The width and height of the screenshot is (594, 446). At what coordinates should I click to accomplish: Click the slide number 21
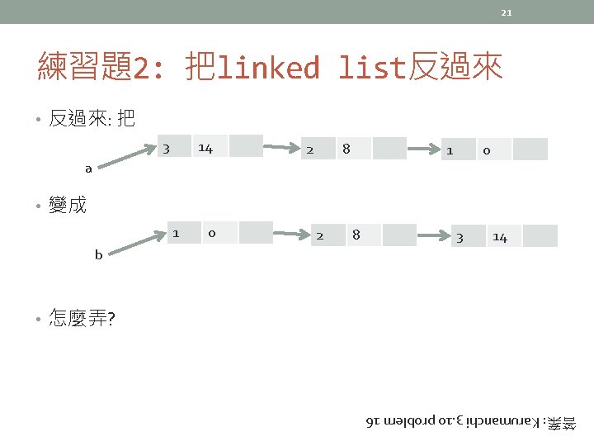pyautogui.click(x=507, y=12)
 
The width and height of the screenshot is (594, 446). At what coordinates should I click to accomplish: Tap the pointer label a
pyautogui.click(x=89, y=168)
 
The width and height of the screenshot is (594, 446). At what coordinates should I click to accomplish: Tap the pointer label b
pyautogui.click(x=98, y=255)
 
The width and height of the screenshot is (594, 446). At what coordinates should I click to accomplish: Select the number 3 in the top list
pyautogui.click(x=167, y=149)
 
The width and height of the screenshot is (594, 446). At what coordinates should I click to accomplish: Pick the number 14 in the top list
pyautogui.click(x=205, y=149)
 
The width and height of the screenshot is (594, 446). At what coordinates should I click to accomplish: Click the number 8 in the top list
pyautogui.click(x=346, y=149)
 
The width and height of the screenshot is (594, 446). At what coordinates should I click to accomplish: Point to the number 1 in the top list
pyautogui.click(x=450, y=151)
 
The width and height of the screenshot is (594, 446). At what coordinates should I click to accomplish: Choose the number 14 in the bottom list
pyautogui.click(x=500, y=238)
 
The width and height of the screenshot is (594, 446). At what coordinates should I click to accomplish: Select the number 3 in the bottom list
pyautogui.click(x=460, y=238)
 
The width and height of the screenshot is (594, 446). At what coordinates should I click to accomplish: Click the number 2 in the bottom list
pyautogui.click(x=319, y=235)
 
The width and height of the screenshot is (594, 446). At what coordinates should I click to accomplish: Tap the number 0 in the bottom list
pyautogui.click(x=212, y=234)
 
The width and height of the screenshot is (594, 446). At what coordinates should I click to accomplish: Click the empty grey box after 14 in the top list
pyautogui.click(x=246, y=146)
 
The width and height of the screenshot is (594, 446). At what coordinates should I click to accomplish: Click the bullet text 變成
pyautogui.click(x=67, y=205)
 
